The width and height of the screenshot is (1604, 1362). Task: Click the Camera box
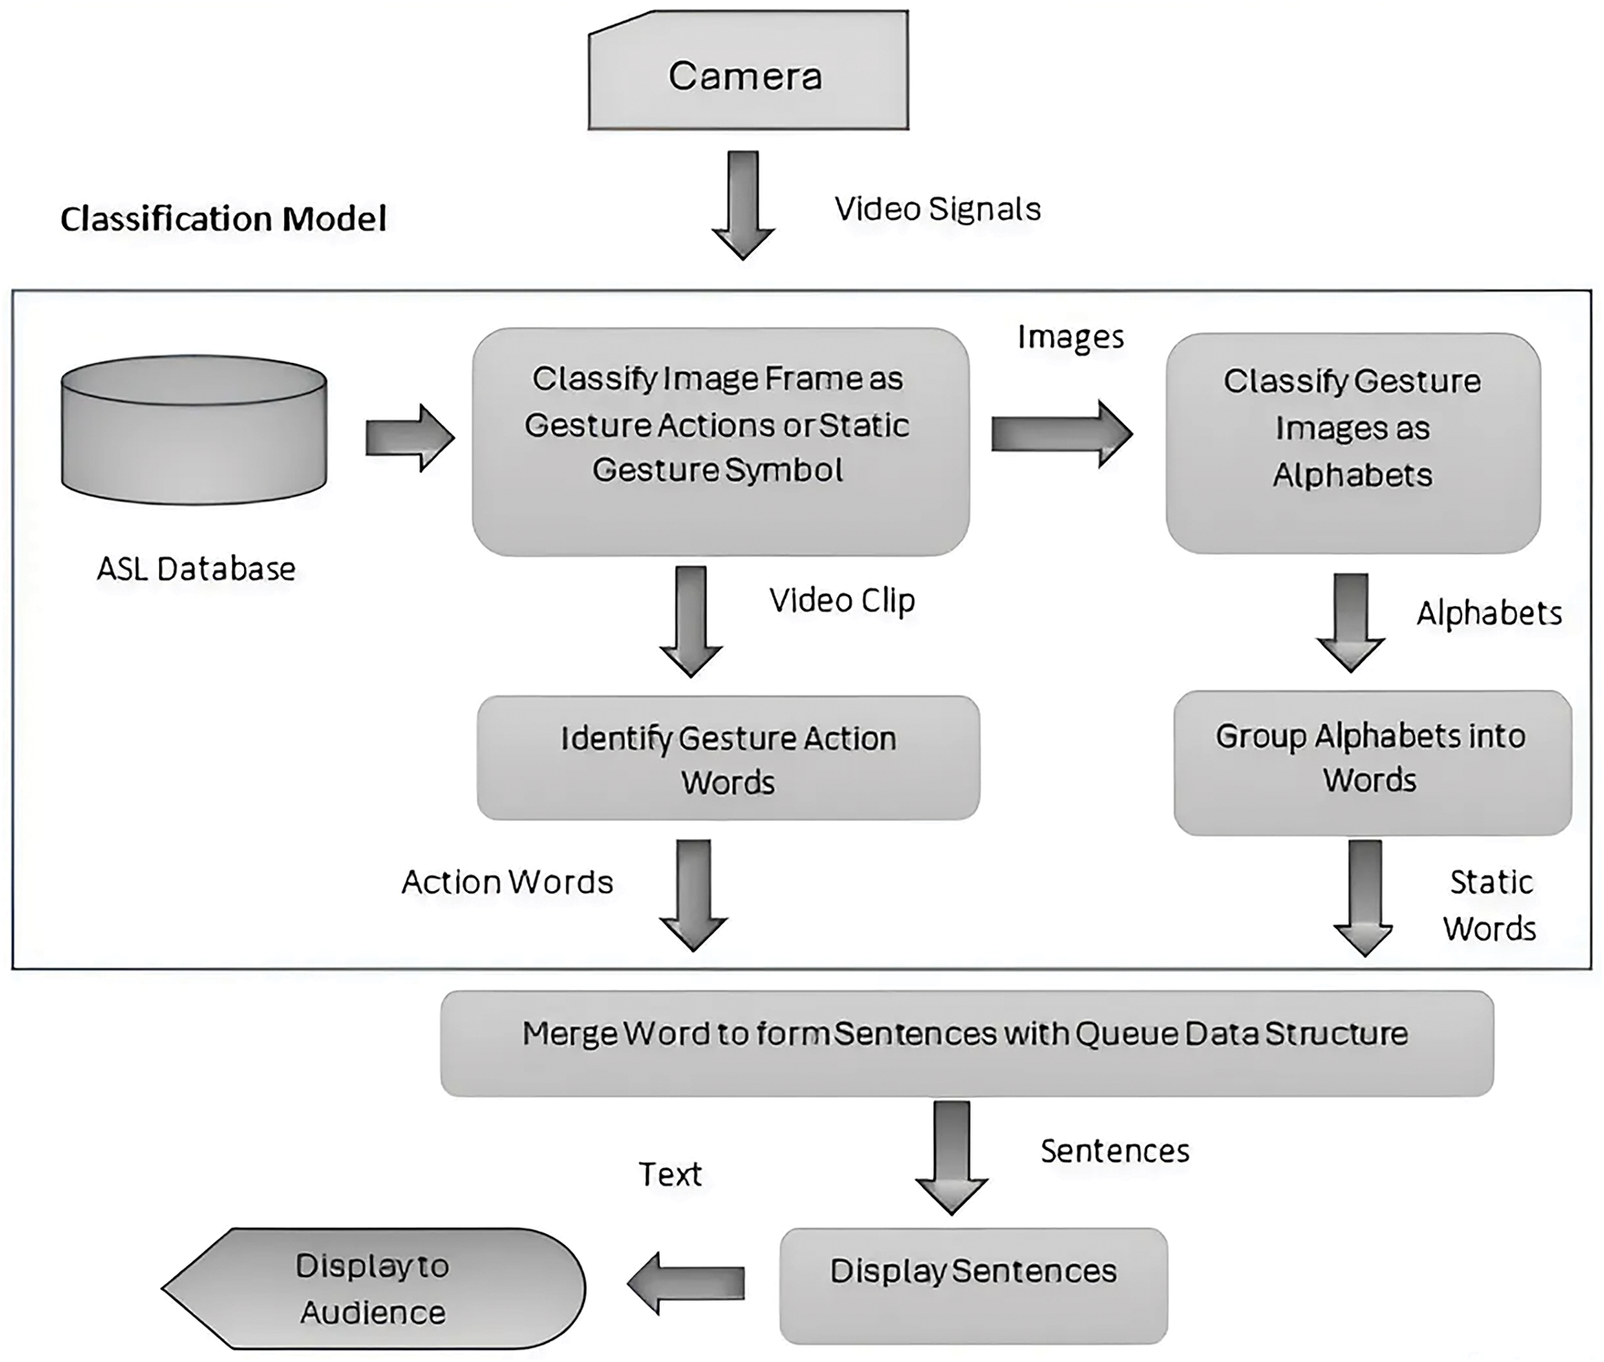[x=748, y=70]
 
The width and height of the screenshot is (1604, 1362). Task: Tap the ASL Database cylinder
[x=194, y=430]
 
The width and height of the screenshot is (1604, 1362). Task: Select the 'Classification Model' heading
[x=223, y=219]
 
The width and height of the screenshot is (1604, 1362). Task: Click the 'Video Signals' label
[x=938, y=209]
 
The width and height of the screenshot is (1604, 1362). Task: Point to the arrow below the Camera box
[x=743, y=206]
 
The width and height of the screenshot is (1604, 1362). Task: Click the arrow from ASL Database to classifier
[x=409, y=438]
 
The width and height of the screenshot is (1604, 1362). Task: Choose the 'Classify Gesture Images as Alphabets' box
[x=1353, y=443]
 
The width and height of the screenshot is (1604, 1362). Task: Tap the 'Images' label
[x=1070, y=337]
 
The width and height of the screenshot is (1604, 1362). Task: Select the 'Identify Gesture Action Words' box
[x=728, y=758]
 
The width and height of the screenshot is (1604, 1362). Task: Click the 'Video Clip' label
[x=842, y=601]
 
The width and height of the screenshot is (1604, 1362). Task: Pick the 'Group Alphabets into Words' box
[x=1373, y=762]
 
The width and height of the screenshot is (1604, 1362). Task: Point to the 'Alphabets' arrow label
[x=1489, y=612]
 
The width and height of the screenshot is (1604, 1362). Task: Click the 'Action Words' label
[x=507, y=882]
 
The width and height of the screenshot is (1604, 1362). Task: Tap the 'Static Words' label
[x=1490, y=905]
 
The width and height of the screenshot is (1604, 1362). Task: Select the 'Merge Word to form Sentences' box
[x=967, y=1044]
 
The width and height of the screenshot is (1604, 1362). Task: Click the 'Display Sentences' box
[x=973, y=1286]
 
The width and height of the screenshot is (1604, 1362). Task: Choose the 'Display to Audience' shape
[x=374, y=1289]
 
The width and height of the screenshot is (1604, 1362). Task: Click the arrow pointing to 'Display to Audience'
[x=685, y=1283]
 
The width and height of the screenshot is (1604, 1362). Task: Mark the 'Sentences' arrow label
[x=1115, y=1151]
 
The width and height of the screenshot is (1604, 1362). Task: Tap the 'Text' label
[x=670, y=1175]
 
